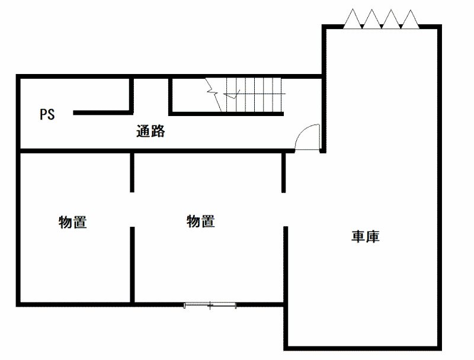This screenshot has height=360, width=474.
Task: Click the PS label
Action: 47,114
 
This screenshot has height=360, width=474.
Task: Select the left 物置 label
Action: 73,223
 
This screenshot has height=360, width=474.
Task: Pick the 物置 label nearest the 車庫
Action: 201,221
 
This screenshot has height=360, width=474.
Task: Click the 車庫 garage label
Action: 366,237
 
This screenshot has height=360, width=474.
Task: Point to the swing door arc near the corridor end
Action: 308,137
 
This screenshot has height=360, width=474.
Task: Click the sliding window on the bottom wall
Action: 210,305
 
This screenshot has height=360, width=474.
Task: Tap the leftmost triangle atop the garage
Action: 353,20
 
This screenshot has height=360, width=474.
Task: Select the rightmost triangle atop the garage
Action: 410,20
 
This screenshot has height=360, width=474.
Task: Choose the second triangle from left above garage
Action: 372,20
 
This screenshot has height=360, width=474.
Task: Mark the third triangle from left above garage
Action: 391,20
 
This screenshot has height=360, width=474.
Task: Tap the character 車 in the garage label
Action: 358,237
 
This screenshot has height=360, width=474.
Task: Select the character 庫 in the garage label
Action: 373,237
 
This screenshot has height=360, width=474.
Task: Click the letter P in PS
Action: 43,114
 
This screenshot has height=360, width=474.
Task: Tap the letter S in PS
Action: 51,114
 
